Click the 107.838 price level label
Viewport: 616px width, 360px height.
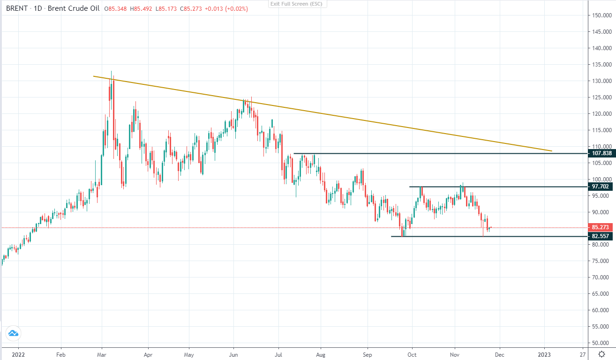[601, 153]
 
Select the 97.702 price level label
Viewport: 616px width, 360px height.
[601, 187]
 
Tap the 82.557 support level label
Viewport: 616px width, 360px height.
[601, 236]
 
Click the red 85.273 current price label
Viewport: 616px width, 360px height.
[601, 227]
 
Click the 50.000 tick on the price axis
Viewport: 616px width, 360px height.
[601, 343]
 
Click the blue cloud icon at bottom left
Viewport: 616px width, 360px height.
[13, 333]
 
